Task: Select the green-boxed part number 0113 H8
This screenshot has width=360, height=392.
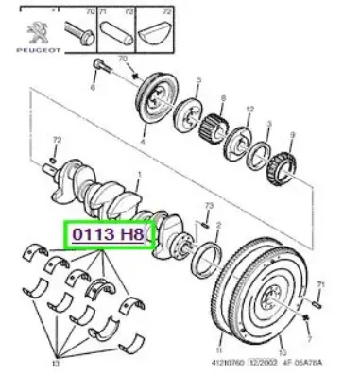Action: (105, 232)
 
